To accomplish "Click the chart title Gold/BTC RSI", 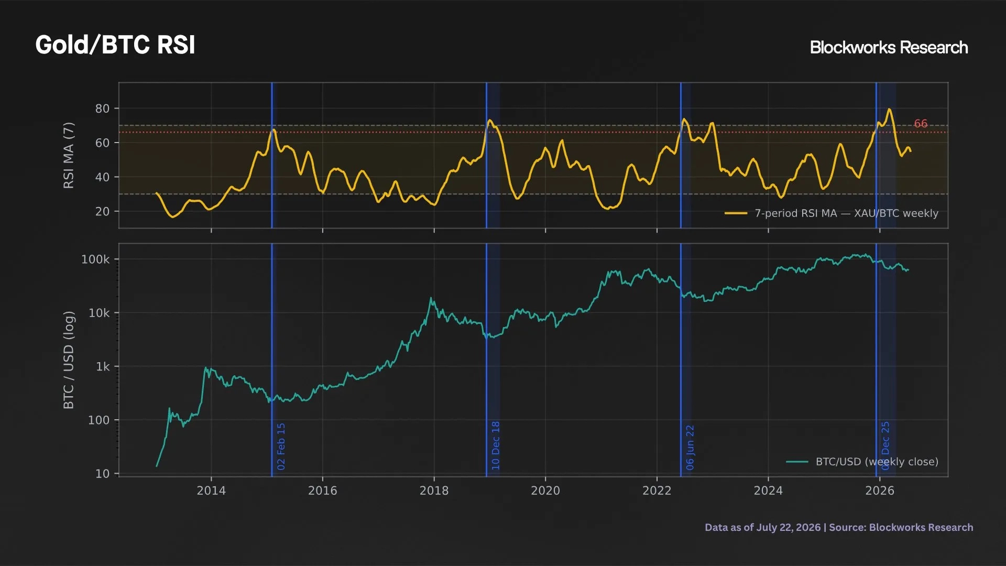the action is pyautogui.click(x=115, y=45).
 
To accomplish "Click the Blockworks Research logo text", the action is pyautogui.click(x=889, y=48).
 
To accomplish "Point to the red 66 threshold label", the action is pyautogui.click(x=921, y=124).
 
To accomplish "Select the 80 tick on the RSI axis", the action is pyautogui.click(x=102, y=108).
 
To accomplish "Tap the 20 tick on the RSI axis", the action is pyautogui.click(x=102, y=212).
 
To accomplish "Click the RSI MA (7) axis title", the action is pyautogui.click(x=69, y=155).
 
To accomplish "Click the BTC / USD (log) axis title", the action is pyautogui.click(x=69, y=360).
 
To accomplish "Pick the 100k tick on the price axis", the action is pyautogui.click(x=95, y=259).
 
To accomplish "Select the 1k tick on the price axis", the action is pyautogui.click(x=103, y=367).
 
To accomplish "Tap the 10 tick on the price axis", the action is pyautogui.click(x=102, y=474).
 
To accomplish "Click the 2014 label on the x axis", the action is pyautogui.click(x=211, y=491).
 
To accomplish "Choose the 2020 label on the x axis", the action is pyautogui.click(x=545, y=491).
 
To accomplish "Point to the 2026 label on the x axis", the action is pyautogui.click(x=880, y=491).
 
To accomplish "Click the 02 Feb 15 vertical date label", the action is pyautogui.click(x=281, y=447).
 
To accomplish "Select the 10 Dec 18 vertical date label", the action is pyautogui.click(x=496, y=445).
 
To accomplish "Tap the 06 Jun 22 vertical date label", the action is pyautogui.click(x=690, y=448).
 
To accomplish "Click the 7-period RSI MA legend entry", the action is pyautogui.click(x=832, y=213).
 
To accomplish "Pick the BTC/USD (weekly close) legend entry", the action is pyautogui.click(x=862, y=462).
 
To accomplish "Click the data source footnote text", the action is pyautogui.click(x=839, y=527).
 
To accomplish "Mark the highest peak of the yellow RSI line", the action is pyautogui.click(x=889, y=109).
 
